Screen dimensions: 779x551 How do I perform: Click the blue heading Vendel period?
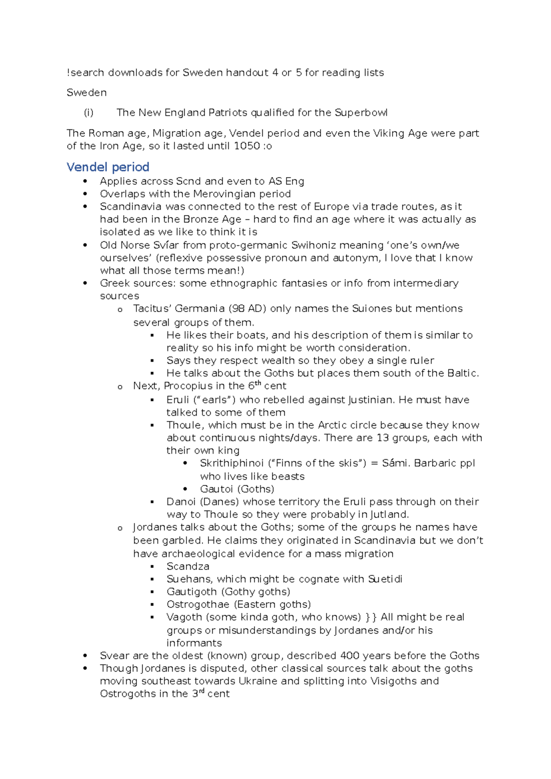(x=108, y=167)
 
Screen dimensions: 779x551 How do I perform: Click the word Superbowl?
(x=361, y=113)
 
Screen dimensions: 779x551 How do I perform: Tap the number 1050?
(x=247, y=146)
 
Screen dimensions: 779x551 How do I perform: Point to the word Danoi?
(x=181, y=502)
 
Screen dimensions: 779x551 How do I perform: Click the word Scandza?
(x=188, y=567)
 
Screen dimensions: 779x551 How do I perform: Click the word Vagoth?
(x=184, y=617)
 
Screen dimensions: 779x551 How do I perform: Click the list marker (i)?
(x=89, y=113)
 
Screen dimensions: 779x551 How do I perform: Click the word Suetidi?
(x=385, y=579)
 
